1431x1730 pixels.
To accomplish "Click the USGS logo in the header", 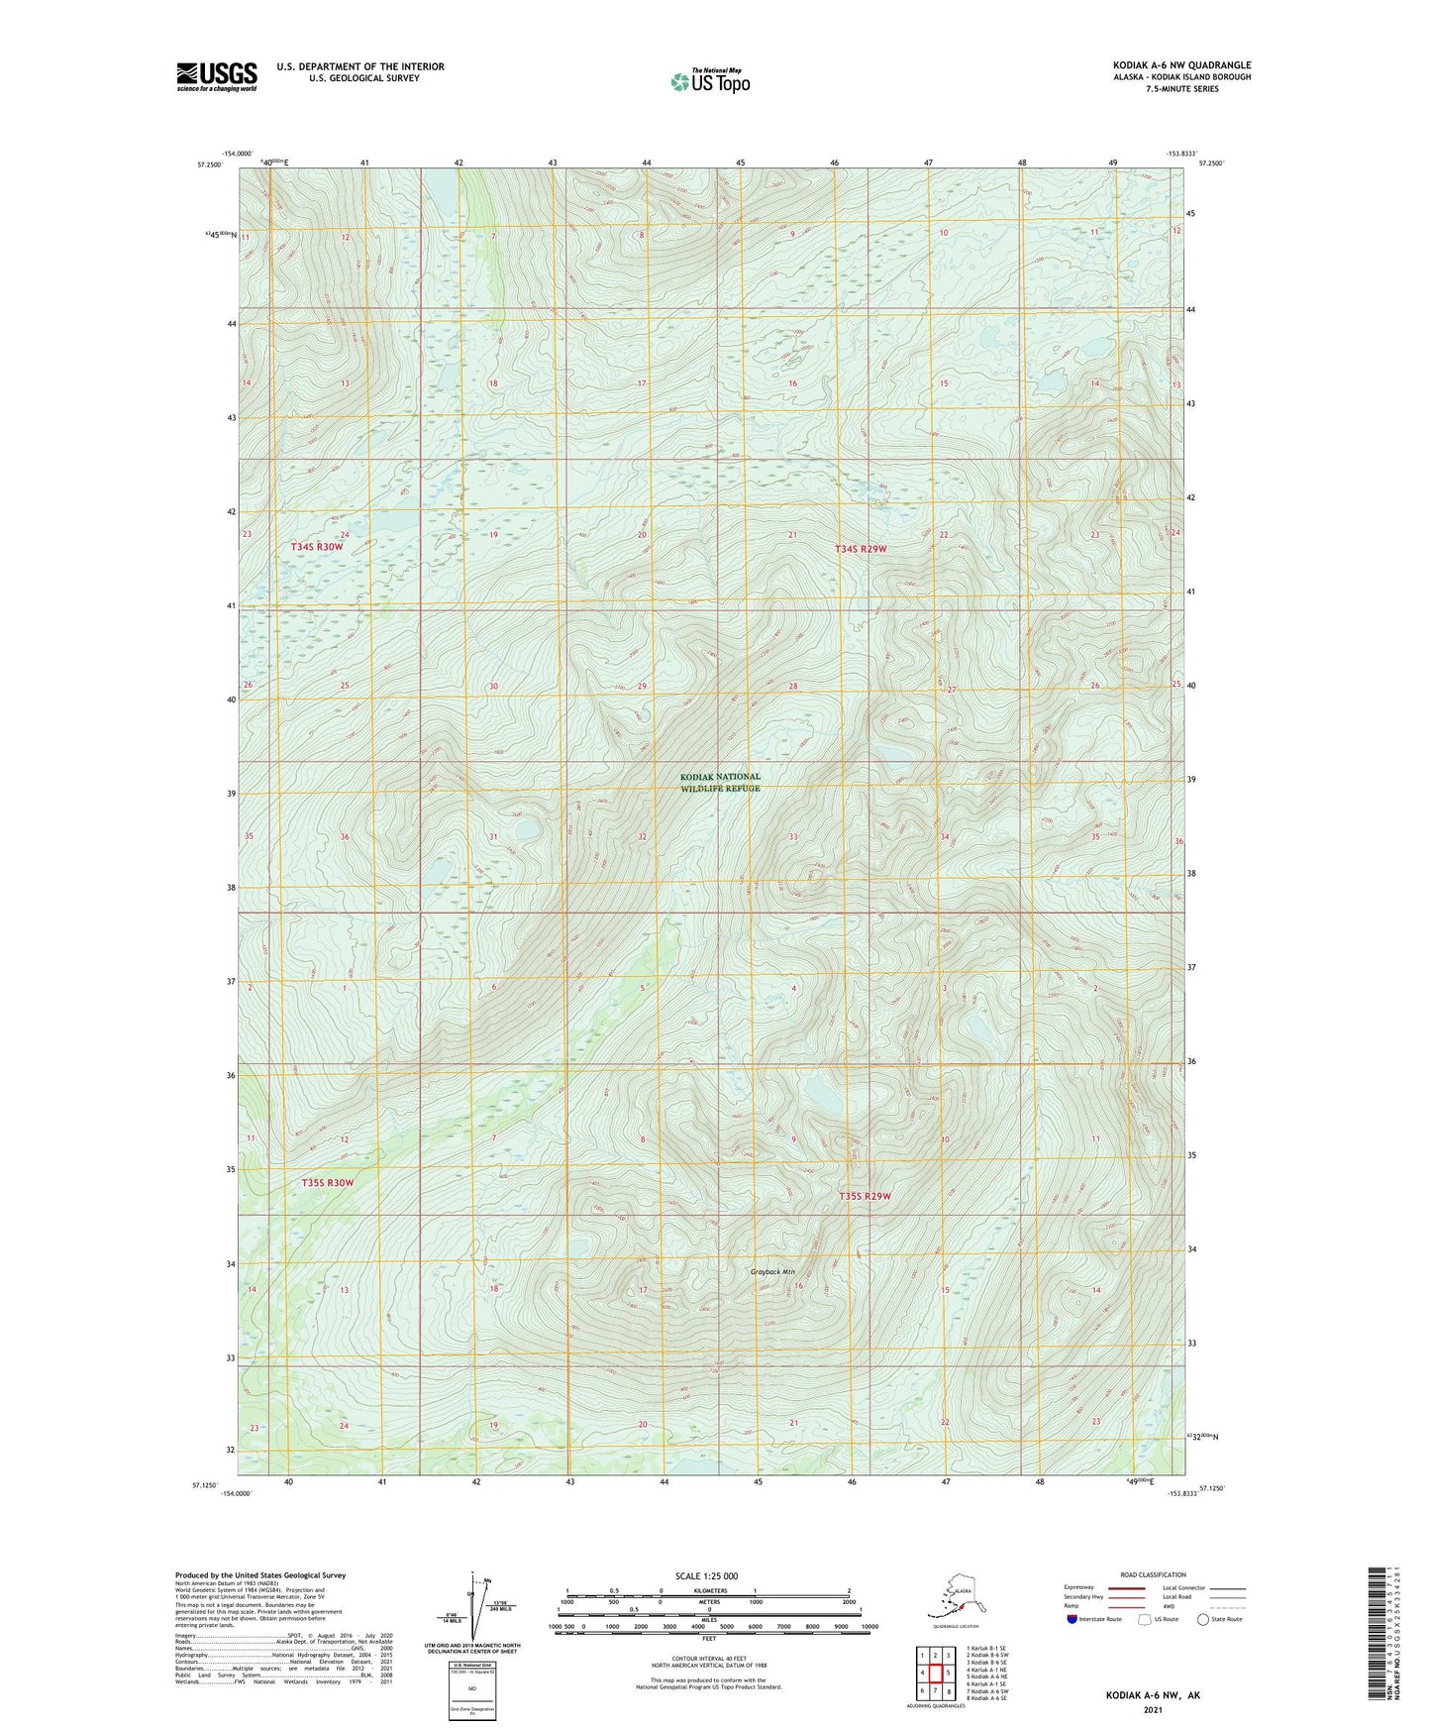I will tap(216, 76).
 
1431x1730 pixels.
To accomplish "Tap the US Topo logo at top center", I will tap(710, 81).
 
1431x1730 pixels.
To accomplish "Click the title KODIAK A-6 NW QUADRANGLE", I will tap(1181, 65).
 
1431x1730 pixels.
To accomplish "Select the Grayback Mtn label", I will tap(772, 1271).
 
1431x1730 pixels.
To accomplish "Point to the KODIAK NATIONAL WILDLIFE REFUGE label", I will tap(720, 783).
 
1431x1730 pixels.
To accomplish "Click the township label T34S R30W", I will tap(317, 547).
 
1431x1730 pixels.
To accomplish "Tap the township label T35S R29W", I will tap(865, 1196).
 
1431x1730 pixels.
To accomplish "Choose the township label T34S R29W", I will tap(861, 549).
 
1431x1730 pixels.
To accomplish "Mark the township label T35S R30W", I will tap(327, 1183).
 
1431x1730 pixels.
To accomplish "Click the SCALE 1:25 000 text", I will tap(706, 1575).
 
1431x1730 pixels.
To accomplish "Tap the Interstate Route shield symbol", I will tap(1073, 1620).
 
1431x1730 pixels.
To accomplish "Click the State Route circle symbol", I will tap(1203, 1620).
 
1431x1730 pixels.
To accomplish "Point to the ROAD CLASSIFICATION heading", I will tap(1153, 1574).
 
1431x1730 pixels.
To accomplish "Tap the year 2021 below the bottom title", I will tap(1152, 1710).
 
